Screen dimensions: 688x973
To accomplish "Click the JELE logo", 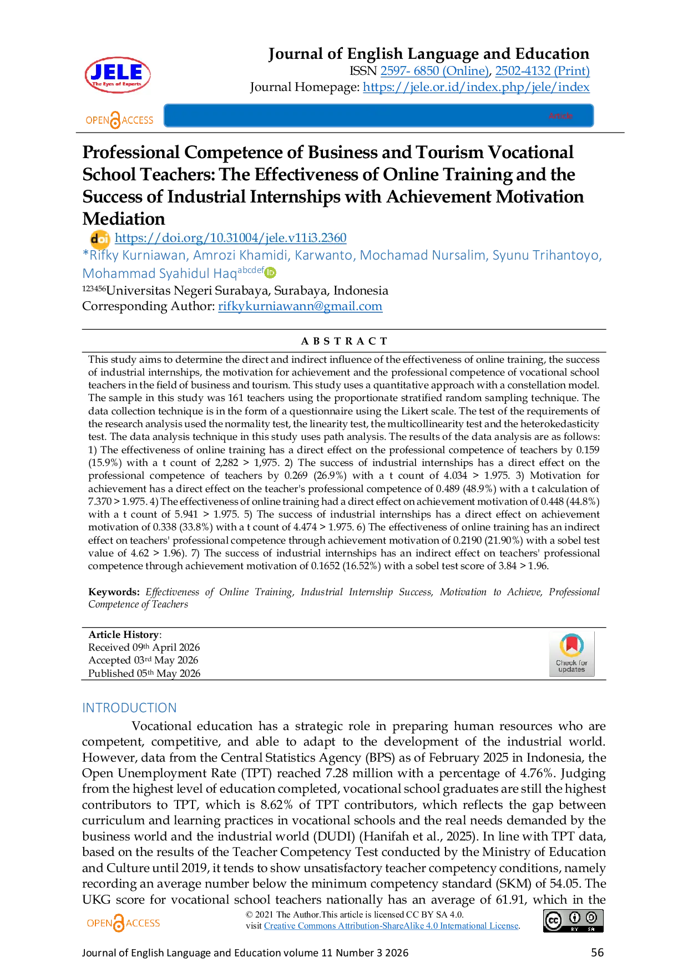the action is [x=118, y=75].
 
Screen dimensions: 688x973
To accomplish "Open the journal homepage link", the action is [x=476, y=87].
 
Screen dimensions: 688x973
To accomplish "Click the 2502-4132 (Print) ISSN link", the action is [x=542, y=71].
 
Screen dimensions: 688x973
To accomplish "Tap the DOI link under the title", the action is [x=230, y=238].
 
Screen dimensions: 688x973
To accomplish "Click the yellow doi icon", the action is [x=100, y=239].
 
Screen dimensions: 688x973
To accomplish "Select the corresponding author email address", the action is [x=300, y=306].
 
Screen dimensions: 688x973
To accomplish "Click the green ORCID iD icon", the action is [x=270, y=272].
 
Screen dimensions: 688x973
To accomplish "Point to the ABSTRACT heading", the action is [x=344, y=341].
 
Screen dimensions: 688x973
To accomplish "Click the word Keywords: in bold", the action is [x=114, y=592].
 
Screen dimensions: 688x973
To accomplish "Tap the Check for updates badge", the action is [x=571, y=653].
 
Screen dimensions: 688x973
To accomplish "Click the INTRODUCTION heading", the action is [x=129, y=708].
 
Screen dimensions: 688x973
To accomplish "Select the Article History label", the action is [x=124, y=635].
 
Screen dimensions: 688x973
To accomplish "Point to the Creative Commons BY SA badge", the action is [x=573, y=920].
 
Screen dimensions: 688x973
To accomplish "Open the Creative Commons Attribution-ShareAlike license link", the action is [x=391, y=926].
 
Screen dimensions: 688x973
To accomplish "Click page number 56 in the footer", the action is [x=597, y=952].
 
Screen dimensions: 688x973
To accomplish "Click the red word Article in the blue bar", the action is [x=560, y=116].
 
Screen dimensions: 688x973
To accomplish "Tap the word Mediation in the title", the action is [x=124, y=219].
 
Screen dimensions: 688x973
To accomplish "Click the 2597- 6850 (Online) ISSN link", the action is [x=434, y=71].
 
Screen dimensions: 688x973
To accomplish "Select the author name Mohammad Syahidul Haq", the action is [x=160, y=273].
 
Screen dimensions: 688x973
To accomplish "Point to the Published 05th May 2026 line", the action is [x=144, y=673].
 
